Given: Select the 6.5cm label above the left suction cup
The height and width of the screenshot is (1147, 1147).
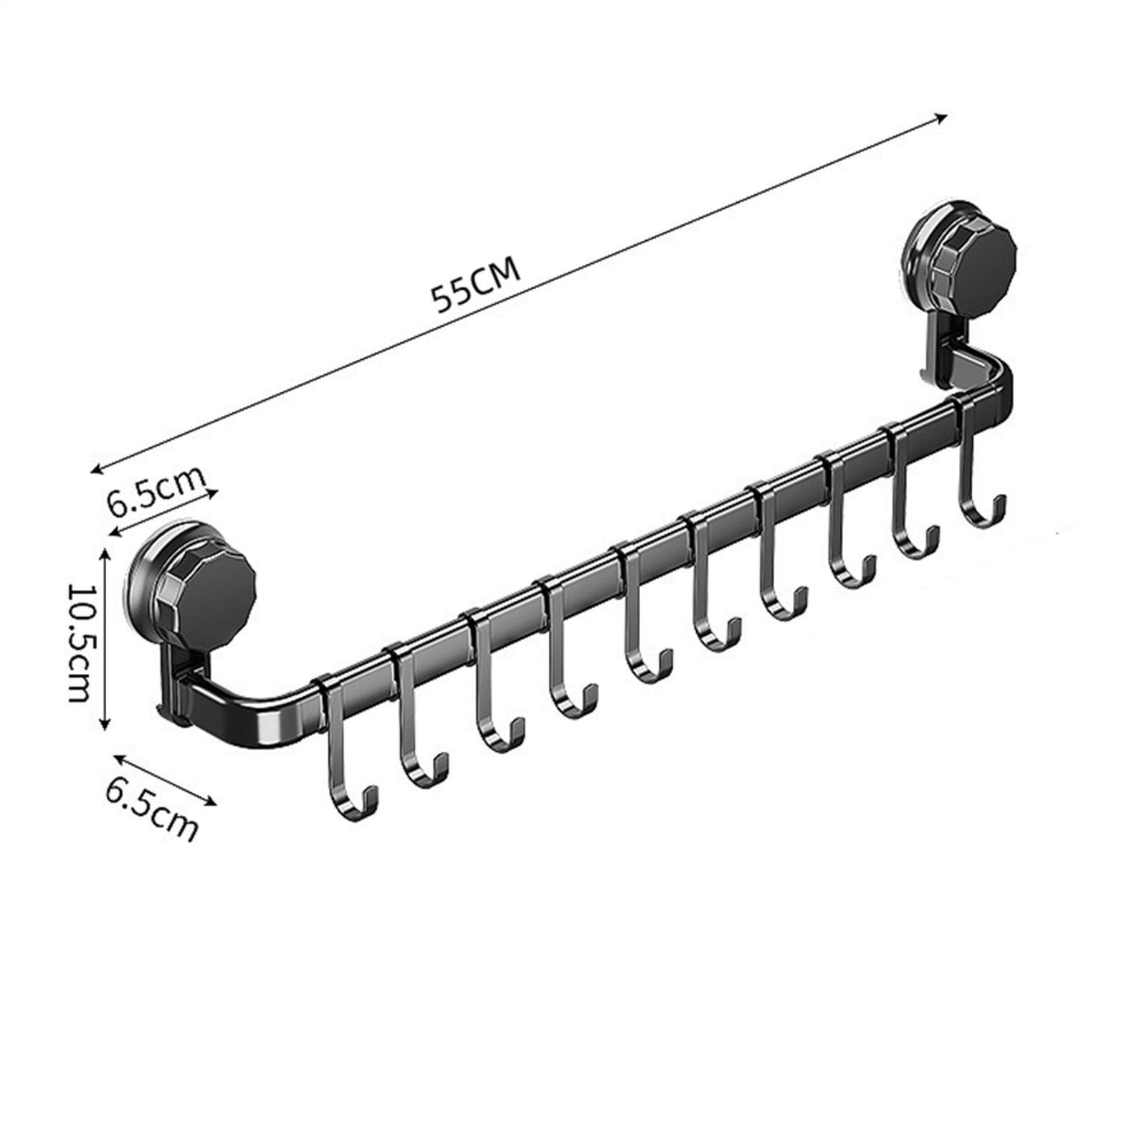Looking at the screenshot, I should (x=157, y=490).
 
